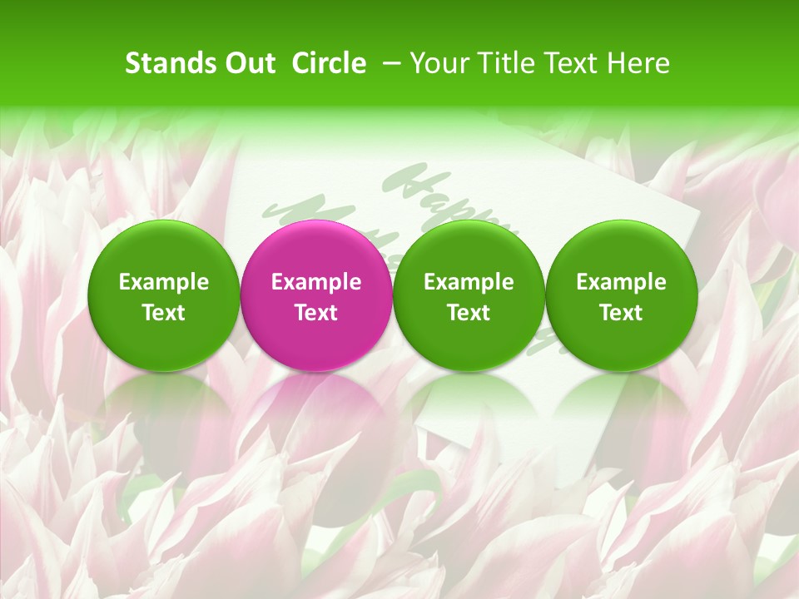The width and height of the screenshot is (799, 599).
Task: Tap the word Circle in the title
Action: [x=329, y=63]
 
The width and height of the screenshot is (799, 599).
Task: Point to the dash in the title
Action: [x=389, y=64]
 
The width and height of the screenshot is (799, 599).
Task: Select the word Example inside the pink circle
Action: [x=316, y=282]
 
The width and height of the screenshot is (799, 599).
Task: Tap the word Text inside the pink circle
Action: [x=316, y=313]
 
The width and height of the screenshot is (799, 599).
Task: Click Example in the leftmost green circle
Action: [x=164, y=282]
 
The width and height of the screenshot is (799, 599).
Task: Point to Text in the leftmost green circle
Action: [x=164, y=313]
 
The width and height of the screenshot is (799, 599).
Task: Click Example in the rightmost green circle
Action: [x=621, y=282]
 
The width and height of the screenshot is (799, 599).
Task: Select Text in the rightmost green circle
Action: [x=621, y=313]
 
